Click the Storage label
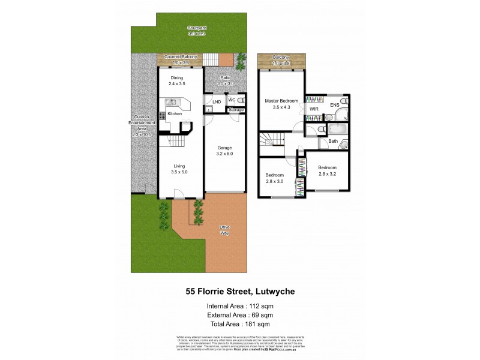pos(236,110)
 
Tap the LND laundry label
pos(217,102)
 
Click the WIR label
pos(314,110)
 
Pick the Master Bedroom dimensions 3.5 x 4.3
pos(281,107)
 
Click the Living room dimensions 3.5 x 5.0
pos(178,172)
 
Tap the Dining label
pos(176,78)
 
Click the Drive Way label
pos(225,231)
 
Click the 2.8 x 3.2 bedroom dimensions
pos(327,173)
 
